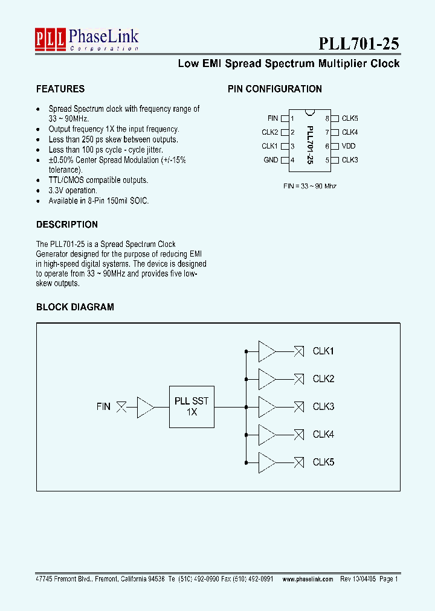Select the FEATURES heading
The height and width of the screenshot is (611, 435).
pos(60,89)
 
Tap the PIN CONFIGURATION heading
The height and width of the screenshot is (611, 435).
pos(274,89)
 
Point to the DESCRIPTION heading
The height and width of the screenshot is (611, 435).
pos(67,225)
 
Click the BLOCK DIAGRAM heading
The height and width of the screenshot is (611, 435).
pos(75,307)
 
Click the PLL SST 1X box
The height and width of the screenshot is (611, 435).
pos(192,406)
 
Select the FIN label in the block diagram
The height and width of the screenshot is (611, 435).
pos(103,407)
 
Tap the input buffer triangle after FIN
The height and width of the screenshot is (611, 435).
pos(146,407)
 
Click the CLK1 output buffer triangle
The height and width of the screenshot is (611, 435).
pos(266,351)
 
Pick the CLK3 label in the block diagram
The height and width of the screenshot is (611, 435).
pos(323,407)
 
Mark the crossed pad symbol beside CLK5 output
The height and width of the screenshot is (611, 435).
pos(298,462)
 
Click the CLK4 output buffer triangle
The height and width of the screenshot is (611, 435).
pos(266,435)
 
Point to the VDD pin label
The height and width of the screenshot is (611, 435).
pos(349,146)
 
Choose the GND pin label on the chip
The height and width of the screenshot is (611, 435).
pos(271,160)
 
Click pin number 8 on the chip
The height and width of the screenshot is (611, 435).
pos(327,119)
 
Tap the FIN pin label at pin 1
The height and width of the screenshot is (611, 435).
pos(272,118)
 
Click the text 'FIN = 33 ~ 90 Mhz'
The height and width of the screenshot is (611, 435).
pos(310,186)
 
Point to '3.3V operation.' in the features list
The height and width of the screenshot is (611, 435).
pos(72,190)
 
